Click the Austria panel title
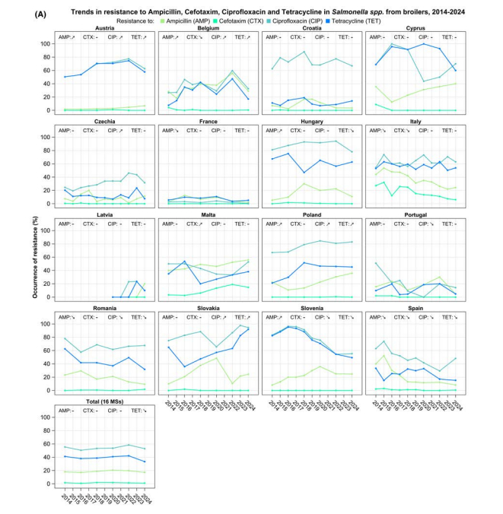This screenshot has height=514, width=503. pos(106,27)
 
